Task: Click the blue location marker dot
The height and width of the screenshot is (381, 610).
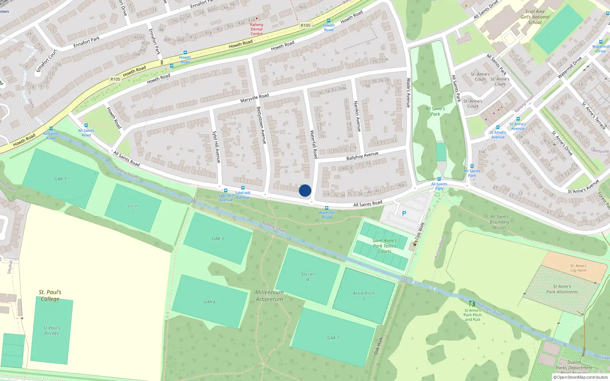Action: (305, 190)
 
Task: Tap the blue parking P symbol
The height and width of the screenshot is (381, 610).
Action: (404, 213)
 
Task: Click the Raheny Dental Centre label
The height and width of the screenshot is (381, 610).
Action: (257, 29)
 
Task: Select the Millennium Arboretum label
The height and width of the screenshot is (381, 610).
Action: (270, 296)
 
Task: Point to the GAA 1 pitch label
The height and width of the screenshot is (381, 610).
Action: (60, 179)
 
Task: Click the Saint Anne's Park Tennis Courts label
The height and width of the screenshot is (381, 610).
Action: (384, 246)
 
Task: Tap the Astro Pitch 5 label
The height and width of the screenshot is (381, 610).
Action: (364, 296)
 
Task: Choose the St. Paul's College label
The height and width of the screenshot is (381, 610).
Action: (50, 295)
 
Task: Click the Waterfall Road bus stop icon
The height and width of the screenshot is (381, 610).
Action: (327, 208)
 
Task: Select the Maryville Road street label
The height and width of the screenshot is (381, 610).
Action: (254, 98)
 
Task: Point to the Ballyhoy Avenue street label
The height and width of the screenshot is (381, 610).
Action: (362, 156)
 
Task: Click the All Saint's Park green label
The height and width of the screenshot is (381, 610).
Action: (435, 111)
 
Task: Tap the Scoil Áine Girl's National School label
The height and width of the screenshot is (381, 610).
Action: (535, 17)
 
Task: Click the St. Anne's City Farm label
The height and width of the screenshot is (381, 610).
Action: (578, 268)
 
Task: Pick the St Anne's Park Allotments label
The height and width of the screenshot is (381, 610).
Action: (562, 289)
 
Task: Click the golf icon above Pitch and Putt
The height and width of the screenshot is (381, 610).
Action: (472, 304)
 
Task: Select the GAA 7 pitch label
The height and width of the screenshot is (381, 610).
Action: (333, 338)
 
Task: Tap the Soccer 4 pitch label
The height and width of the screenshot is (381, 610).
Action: (308, 277)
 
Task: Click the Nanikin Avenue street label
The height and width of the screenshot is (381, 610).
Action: (357, 116)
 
